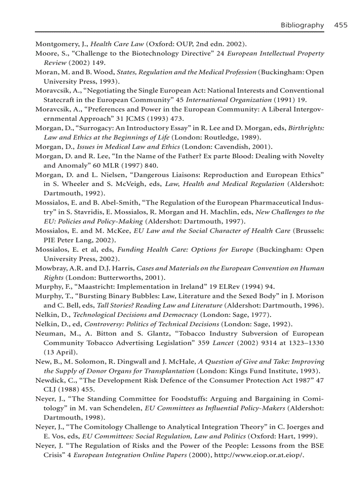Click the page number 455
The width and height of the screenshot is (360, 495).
coord(341,25)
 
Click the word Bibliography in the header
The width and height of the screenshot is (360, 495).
coord(302,25)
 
